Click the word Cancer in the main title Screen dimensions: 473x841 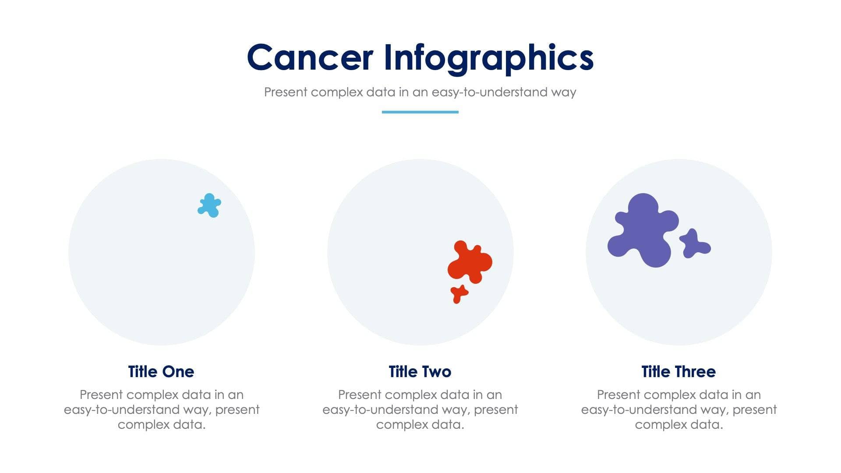click(x=310, y=58)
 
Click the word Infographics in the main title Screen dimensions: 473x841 click(x=488, y=58)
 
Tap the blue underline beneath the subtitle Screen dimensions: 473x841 click(x=420, y=112)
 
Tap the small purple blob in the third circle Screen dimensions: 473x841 click(x=694, y=244)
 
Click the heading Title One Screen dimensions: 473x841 click(x=161, y=372)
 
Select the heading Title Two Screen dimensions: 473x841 click(x=420, y=372)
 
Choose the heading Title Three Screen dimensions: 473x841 click(x=678, y=372)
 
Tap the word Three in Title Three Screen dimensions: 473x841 click(x=695, y=372)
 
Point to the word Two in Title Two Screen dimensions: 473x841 click(x=435, y=372)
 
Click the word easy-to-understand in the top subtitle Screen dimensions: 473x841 click(x=483, y=92)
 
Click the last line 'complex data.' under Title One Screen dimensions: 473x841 click(x=161, y=425)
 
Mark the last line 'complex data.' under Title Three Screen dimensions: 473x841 click(x=678, y=425)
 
